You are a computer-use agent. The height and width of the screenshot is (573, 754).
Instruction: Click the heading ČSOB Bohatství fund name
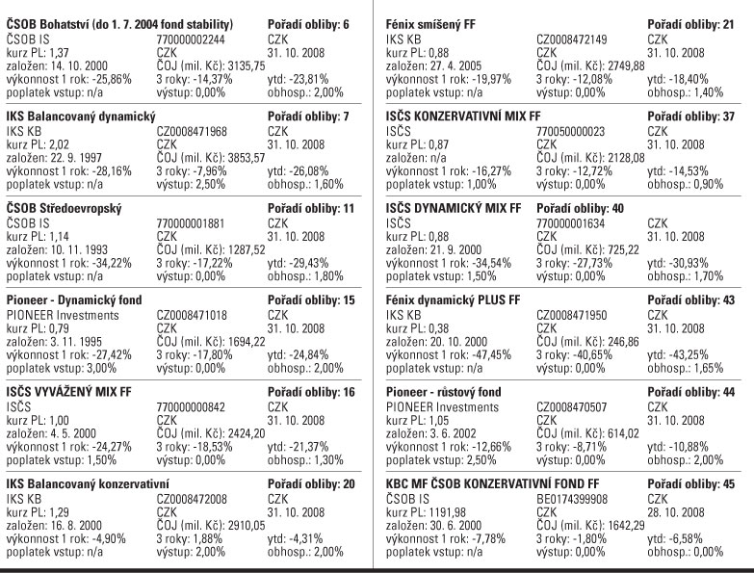click(x=120, y=20)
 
